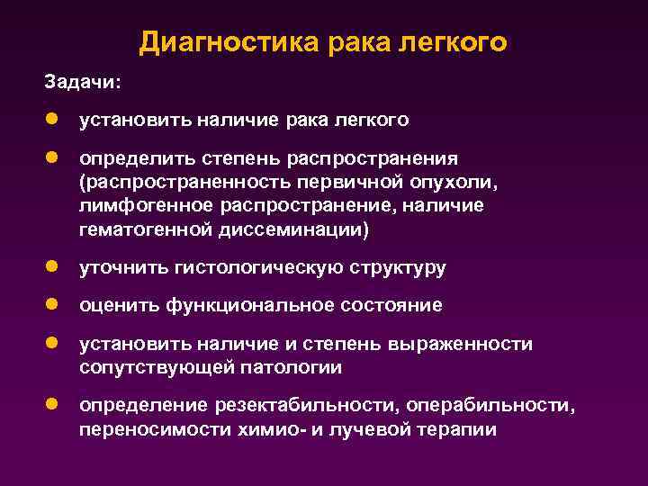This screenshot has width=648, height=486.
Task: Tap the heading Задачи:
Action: tap(82, 82)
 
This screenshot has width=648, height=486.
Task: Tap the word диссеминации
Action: tap(289, 229)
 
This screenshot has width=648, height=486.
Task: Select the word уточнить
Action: tap(121, 267)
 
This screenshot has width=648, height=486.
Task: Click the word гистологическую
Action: tap(257, 267)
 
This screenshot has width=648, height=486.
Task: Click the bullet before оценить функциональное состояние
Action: tap(54, 305)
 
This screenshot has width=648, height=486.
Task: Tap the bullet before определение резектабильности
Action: tap(54, 405)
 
